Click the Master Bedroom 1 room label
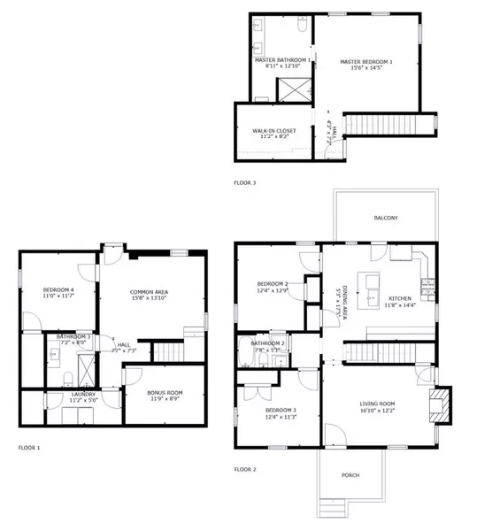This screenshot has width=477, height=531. (x=366, y=61)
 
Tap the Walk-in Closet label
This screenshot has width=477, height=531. (x=274, y=131)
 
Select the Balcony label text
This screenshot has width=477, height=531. (x=385, y=218)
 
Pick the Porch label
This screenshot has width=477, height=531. (x=351, y=475)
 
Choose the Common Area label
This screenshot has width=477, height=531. (x=149, y=292)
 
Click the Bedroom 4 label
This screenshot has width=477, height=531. (x=58, y=290)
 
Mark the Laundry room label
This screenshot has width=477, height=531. (x=83, y=395)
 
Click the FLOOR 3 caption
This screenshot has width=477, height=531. (x=244, y=182)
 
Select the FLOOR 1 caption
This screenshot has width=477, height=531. (x=29, y=448)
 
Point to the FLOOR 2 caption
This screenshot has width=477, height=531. (x=245, y=469)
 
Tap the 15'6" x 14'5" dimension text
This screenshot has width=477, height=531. (x=366, y=68)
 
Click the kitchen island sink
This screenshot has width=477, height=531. (x=371, y=284)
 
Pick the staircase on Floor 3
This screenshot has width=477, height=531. (x=389, y=123)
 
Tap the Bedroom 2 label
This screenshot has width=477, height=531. (x=273, y=285)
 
